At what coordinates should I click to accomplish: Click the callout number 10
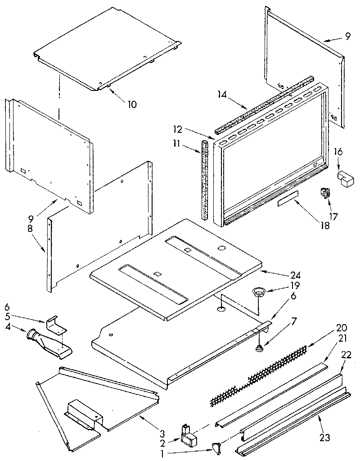tap(132, 104)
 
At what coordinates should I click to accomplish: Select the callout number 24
tap(283, 275)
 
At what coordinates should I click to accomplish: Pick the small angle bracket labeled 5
tap(55, 323)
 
